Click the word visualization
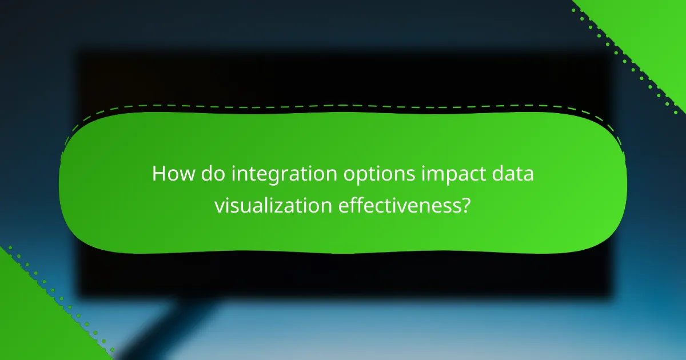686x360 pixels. coord(272,205)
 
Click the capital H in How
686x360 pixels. coord(158,174)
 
